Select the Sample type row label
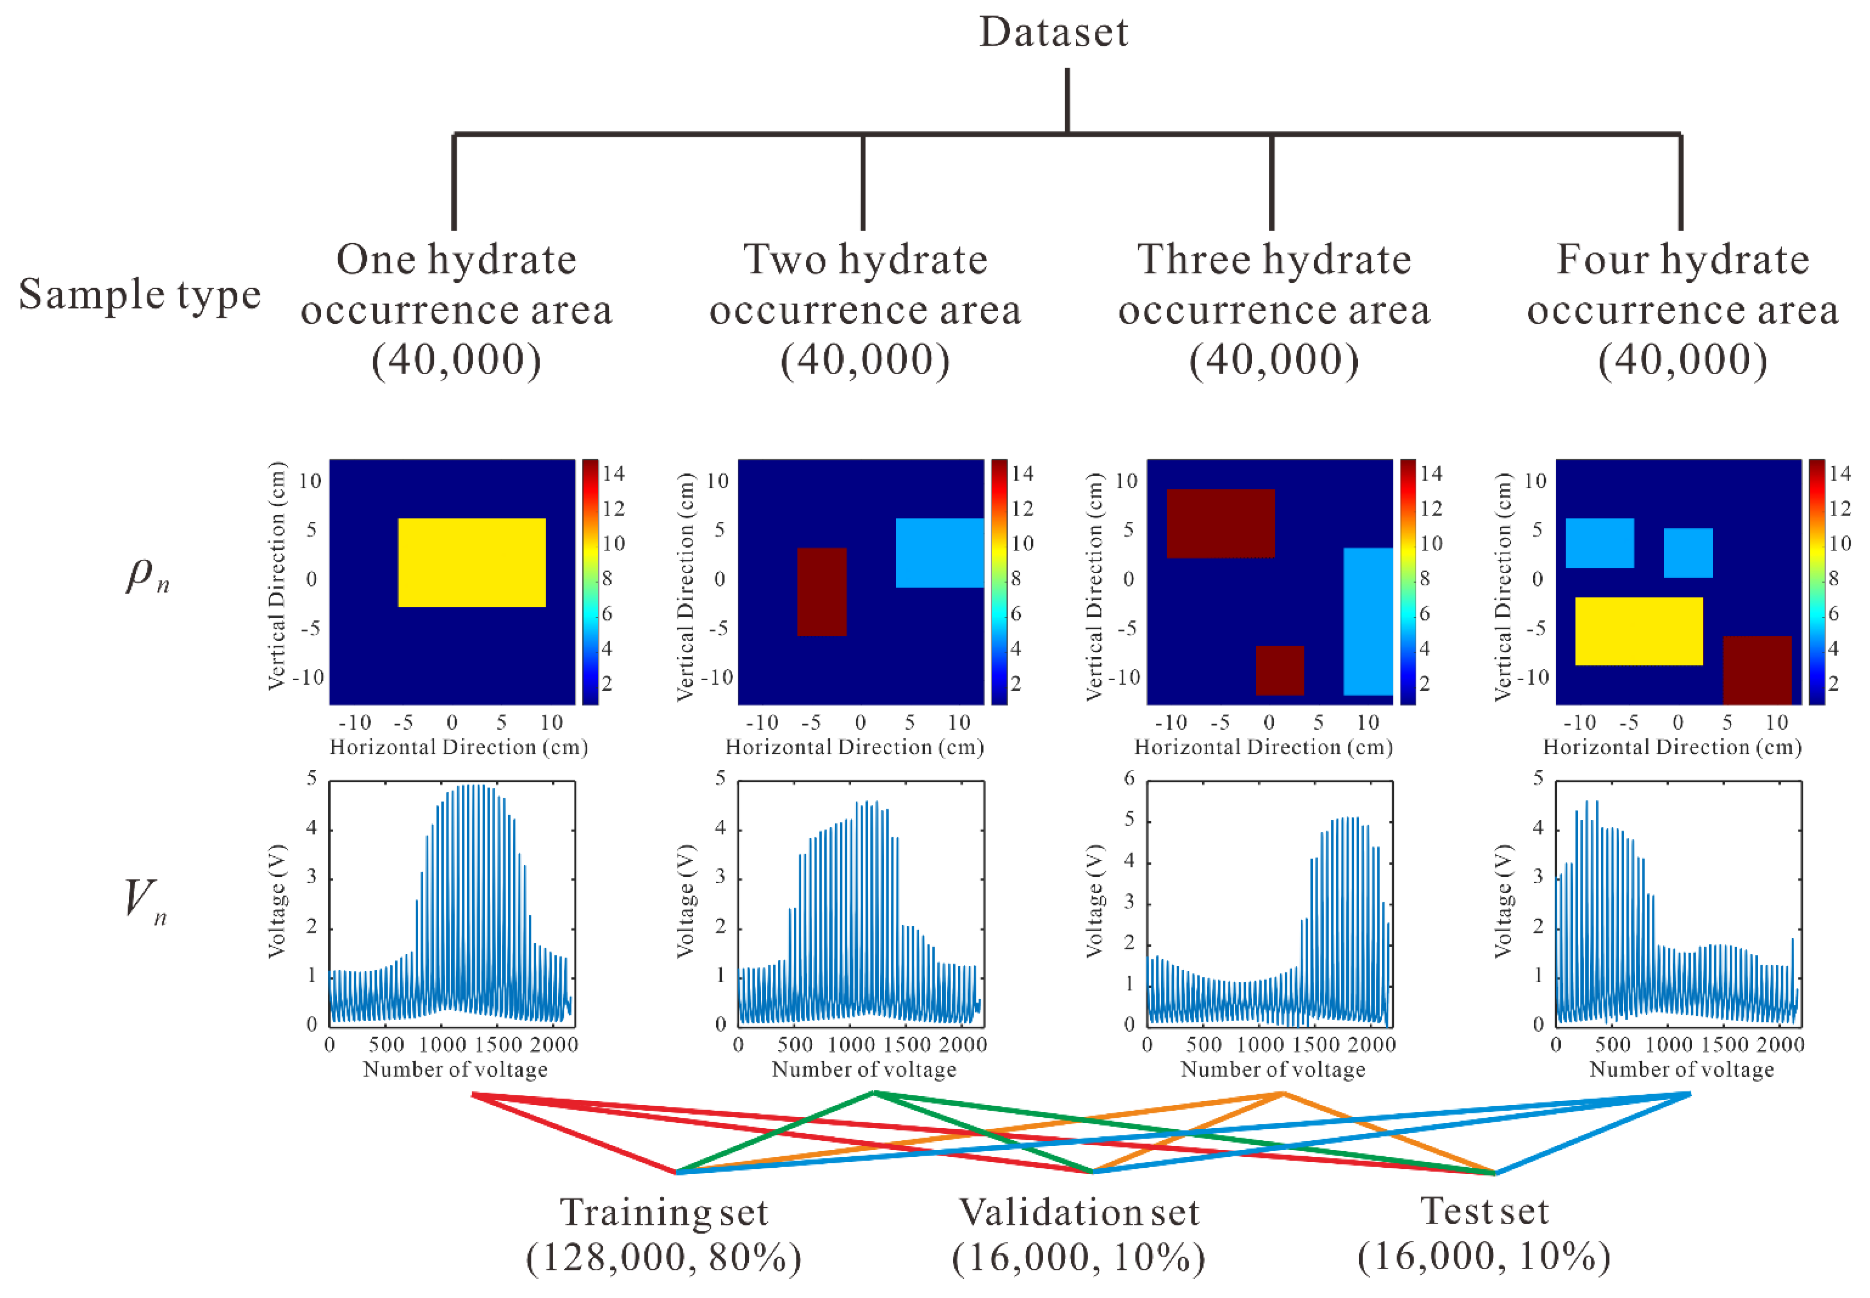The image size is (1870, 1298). point(140,294)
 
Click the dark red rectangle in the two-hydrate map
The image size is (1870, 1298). point(821,591)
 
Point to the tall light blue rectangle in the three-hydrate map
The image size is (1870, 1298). point(1368,621)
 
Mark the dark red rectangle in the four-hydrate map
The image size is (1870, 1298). point(1757,669)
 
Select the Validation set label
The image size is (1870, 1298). point(1078,1213)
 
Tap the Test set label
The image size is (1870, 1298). point(1484,1211)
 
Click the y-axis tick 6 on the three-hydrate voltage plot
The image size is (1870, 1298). point(1129,778)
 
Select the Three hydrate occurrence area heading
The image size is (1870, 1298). point(1274,309)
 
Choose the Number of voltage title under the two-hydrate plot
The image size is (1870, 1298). point(864,1070)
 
